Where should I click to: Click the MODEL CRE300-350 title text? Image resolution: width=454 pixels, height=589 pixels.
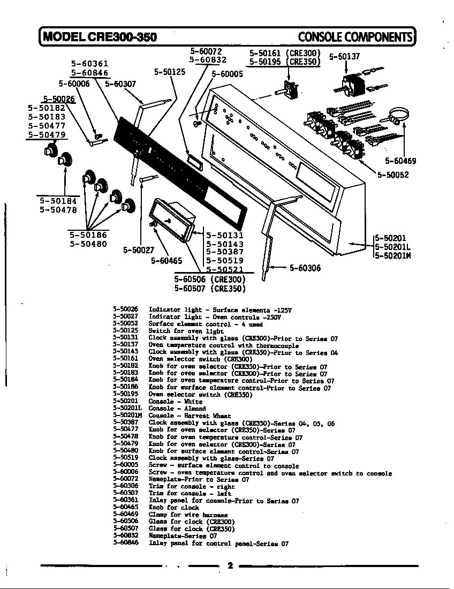(100, 36)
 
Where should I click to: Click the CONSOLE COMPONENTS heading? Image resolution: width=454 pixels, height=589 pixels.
(355, 36)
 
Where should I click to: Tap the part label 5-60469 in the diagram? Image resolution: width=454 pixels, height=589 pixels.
(400, 161)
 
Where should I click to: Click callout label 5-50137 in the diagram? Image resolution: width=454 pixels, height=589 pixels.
(344, 56)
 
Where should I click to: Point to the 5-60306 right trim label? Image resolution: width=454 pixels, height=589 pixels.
(305, 268)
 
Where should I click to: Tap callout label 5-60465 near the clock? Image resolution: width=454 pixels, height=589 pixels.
(167, 261)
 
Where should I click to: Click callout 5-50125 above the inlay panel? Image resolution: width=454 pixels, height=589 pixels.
(170, 72)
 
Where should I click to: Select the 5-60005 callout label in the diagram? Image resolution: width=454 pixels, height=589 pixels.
(227, 74)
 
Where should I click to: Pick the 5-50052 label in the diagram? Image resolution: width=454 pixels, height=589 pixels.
(393, 175)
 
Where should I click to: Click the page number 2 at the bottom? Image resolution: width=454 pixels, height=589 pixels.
(230, 566)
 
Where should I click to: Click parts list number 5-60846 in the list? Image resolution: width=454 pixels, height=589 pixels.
(126, 543)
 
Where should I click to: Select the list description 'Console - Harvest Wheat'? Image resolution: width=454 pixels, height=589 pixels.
(190, 416)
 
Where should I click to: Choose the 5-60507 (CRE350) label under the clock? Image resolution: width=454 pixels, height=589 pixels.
(210, 289)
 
